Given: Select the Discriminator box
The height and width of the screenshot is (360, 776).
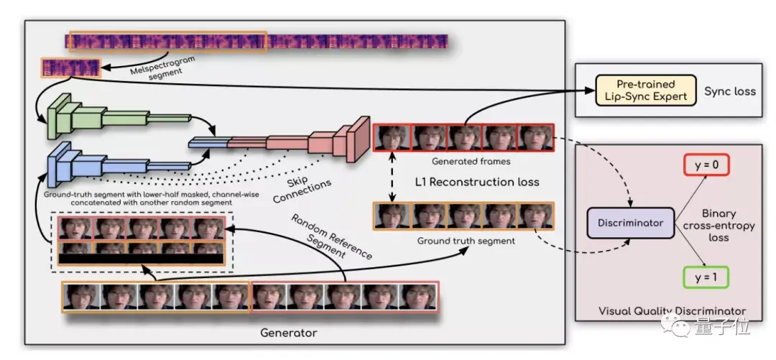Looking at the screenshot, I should [x=629, y=223].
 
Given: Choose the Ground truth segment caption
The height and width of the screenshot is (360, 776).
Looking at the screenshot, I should [x=466, y=241].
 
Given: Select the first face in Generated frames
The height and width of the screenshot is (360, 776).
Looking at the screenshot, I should [x=392, y=138].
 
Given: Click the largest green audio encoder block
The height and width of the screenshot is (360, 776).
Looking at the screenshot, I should [x=56, y=116].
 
